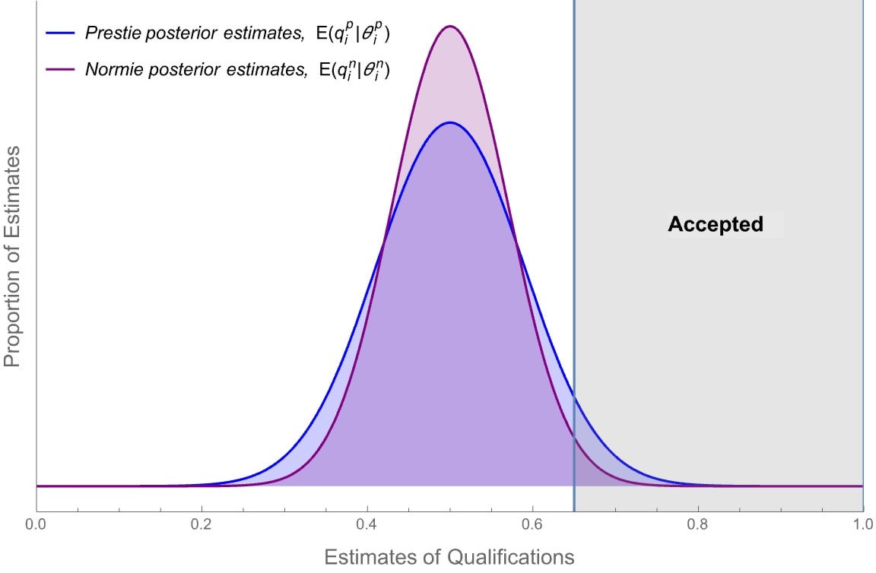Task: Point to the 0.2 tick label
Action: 201,524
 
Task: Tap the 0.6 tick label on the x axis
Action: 532,524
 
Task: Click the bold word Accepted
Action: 715,224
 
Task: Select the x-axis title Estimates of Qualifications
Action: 449,557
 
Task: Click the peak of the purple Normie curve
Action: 450,26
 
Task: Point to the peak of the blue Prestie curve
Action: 450,122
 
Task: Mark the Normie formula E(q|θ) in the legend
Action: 349,69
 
